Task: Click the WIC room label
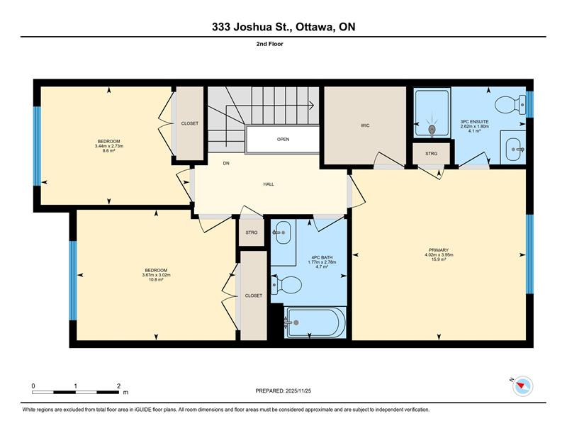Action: click(365, 125)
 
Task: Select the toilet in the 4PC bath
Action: click(287, 285)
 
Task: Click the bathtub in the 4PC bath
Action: click(315, 322)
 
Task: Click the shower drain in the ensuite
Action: click(432, 129)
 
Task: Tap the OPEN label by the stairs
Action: click(283, 139)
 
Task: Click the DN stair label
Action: click(226, 164)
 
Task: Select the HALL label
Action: click(269, 184)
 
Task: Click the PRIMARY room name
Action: click(439, 250)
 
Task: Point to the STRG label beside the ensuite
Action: click(431, 154)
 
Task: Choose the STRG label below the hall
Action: click(252, 232)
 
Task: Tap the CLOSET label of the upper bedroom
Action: click(189, 123)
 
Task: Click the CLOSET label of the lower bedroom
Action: click(254, 296)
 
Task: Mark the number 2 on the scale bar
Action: click(118, 386)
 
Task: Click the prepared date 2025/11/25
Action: click(298, 391)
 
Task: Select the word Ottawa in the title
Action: click(314, 27)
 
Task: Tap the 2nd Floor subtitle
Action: click(270, 44)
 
